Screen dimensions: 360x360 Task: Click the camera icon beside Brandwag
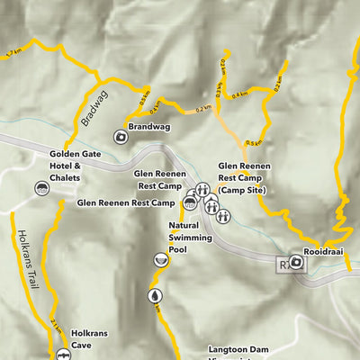[x=120, y=137]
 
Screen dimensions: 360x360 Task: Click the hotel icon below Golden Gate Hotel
[x=41, y=188]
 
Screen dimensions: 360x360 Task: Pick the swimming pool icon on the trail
[x=159, y=260]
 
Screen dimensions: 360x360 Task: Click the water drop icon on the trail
[x=154, y=295]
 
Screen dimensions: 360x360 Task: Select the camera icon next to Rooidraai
[x=296, y=265]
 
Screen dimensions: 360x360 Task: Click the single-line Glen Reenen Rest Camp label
[x=126, y=203]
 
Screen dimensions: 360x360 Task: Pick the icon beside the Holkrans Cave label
[x=63, y=355]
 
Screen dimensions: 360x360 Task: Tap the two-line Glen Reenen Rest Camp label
[x=158, y=179]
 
